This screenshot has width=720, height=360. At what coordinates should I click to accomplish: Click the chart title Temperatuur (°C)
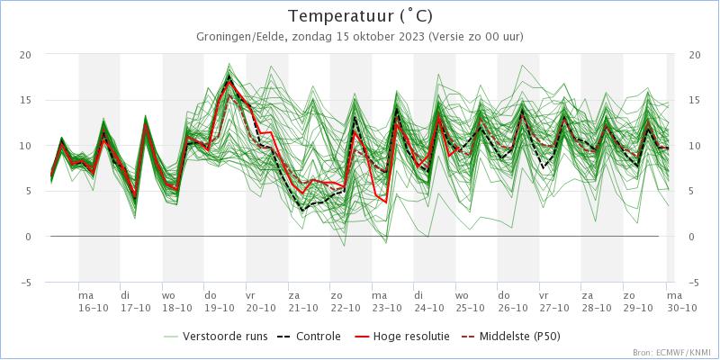pyautogui.click(x=360, y=16)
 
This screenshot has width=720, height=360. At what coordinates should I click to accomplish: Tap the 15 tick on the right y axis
pyautogui.click(x=694, y=100)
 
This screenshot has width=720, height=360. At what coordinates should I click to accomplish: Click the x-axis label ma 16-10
pyautogui.click(x=86, y=301)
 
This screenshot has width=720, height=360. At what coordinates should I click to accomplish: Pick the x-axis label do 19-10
pyautogui.click(x=211, y=301)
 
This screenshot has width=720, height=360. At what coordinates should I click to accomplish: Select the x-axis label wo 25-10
pyautogui.click(x=462, y=301)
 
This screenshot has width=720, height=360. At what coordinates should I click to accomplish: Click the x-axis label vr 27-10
pyautogui.click(x=544, y=301)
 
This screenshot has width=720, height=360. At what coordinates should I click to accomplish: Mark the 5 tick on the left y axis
pyautogui.click(x=28, y=191)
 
